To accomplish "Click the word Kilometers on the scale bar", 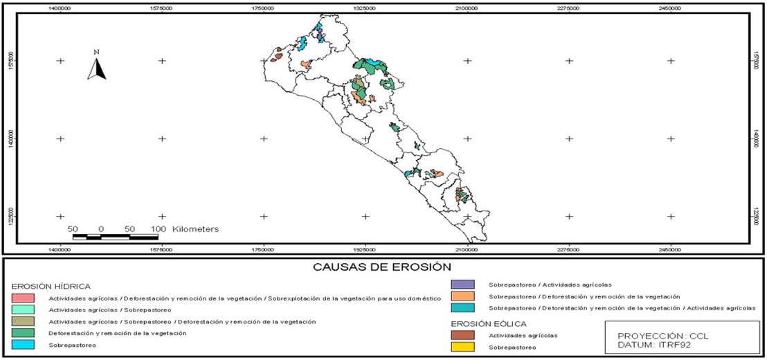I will coord(196,228).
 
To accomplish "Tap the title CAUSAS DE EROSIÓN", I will coord(382,266).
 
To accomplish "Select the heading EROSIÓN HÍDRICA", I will coord(51,286).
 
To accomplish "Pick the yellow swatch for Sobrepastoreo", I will coord(462,347).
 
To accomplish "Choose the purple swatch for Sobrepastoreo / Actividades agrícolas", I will coord(462,284).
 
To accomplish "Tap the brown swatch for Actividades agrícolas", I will coord(462,335).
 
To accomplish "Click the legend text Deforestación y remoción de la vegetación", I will coord(117,333).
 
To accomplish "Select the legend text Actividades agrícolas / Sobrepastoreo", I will coord(109,309).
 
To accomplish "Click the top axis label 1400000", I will coord(61,8).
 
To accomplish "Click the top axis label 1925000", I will coord(366,8).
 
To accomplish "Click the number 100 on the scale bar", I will coord(158,228).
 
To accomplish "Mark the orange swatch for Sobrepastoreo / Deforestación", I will coord(462,296).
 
